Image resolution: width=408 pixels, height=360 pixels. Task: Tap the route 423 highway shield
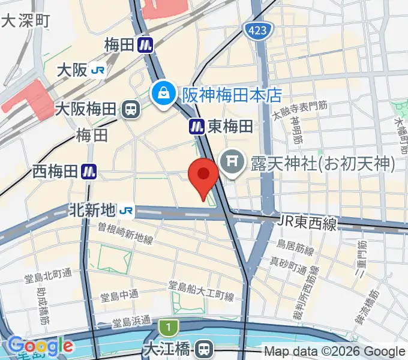pyautogui.click(x=259, y=29)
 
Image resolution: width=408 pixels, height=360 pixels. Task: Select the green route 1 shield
pyautogui.click(x=169, y=328)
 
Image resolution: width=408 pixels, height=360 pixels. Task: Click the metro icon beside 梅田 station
pyautogui.click(x=145, y=44)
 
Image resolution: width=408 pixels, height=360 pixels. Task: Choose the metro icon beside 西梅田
pyautogui.click(x=89, y=172)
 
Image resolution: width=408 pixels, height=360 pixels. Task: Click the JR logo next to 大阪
pyautogui.click(x=98, y=71)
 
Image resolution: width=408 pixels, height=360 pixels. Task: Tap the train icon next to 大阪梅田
pyautogui.click(x=129, y=109)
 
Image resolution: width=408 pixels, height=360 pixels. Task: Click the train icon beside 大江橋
pyautogui.click(x=206, y=348)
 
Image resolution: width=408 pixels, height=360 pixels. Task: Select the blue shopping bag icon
pyautogui.click(x=162, y=93)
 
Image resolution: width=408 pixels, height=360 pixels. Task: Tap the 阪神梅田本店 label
pyautogui.click(x=232, y=95)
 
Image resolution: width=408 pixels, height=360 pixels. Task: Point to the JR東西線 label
pyautogui.click(x=307, y=223)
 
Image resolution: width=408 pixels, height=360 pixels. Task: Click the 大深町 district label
pyautogui.click(x=26, y=21)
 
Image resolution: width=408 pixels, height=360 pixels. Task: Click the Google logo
pyautogui.click(x=40, y=346)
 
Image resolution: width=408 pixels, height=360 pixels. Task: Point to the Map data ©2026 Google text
pyautogui.click(x=334, y=352)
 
